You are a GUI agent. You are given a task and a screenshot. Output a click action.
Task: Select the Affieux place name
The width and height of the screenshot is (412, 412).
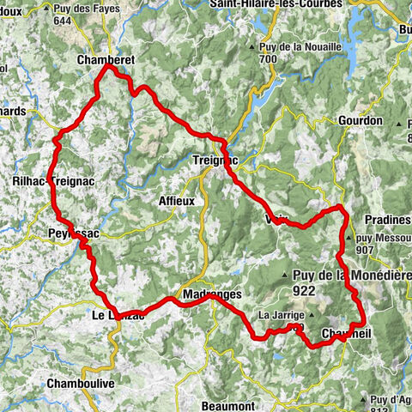[177, 201]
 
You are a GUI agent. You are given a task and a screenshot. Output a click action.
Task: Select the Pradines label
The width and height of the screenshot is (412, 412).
[384, 220]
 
